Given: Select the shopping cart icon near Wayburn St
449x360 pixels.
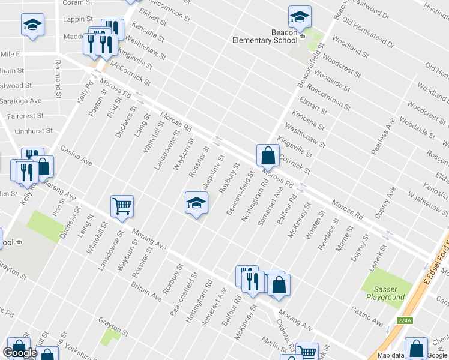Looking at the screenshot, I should point(122,206).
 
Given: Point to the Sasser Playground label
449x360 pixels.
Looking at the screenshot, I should point(385,293).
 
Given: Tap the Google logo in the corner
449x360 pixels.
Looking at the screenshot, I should point(20,353).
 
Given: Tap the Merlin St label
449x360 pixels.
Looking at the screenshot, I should point(273,343).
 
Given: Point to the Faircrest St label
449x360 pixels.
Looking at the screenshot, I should point(26,115).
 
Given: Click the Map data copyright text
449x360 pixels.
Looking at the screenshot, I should point(390,355).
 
